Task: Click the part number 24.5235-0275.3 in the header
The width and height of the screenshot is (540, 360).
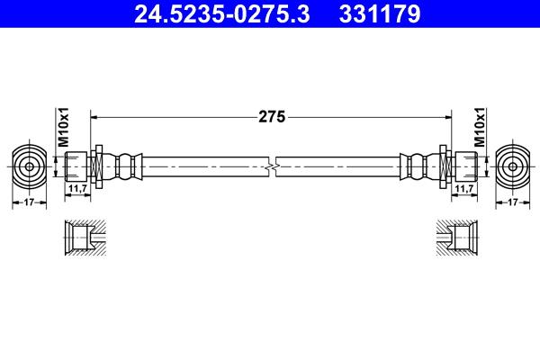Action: coord(222,13)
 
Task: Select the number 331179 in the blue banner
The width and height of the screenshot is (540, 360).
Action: coord(380,13)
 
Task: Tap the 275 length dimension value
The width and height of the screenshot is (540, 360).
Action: coord(272,117)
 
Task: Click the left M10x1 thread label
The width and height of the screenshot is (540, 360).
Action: coord(63,127)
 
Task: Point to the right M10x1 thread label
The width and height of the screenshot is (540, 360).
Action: coord(480,127)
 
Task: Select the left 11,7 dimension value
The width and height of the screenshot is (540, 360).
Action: coord(77,188)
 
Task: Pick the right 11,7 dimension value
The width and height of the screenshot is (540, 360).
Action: coord(464,188)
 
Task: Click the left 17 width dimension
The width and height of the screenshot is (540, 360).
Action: coord(29,202)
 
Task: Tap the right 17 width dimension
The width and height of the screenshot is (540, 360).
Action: coord(513,202)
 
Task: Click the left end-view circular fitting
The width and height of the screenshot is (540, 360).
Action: coord(30,166)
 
